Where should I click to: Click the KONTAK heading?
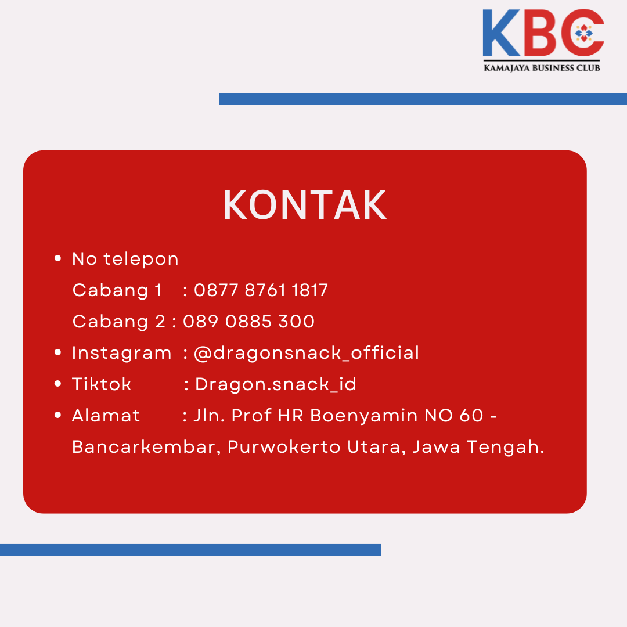pos(305,205)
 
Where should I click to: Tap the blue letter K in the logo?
pos(501,33)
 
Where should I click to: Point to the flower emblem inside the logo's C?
pos(584,33)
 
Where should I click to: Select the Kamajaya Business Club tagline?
pos(542,68)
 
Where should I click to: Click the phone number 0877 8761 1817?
pos(261,290)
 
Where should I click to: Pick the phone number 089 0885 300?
pos(248,322)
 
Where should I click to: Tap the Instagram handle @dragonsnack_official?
pos(307,353)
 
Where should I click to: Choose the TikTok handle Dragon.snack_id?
pos(276,384)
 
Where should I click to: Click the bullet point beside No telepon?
pos(57,258)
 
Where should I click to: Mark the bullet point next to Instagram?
pos(57,352)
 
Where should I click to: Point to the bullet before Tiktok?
pos(57,384)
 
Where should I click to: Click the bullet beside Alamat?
pos(57,415)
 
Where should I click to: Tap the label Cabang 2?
pos(119,322)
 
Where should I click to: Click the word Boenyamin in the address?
pos(364,416)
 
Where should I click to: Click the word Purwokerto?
pos(284,447)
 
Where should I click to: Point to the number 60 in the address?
pos(471,416)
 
